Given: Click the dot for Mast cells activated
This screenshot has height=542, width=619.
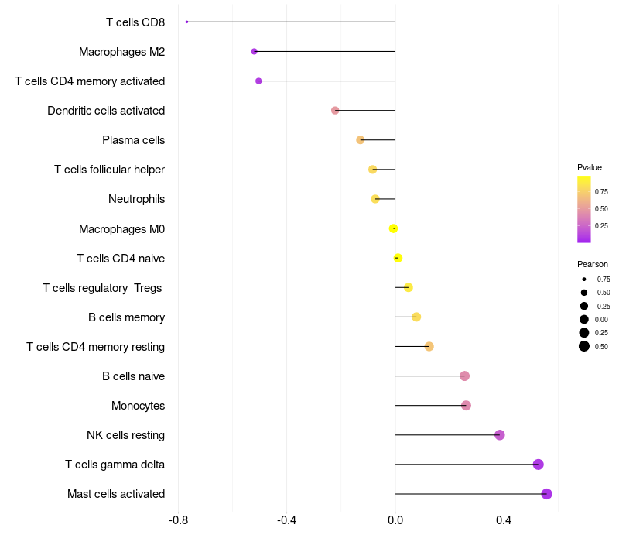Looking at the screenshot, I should coord(546,494).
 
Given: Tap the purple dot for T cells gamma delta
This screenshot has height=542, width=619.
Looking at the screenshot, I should coord(539,465).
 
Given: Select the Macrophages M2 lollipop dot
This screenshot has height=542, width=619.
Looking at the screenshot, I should coord(254,51).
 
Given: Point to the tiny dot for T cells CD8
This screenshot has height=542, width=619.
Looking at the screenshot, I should coord(187,22).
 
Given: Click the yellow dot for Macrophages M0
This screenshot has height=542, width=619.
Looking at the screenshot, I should coord(393,228).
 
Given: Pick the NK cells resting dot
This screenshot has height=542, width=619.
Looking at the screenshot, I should coord(500,435).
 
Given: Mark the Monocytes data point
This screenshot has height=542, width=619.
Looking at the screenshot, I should coord(466,406).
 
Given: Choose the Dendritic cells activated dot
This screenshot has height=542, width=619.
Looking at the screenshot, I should coord(335,111).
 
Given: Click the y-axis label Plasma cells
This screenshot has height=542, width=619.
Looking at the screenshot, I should coord(133,140).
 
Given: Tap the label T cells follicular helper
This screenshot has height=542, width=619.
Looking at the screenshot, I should coord(109,170).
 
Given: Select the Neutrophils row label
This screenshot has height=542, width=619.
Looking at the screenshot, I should coord(136,199).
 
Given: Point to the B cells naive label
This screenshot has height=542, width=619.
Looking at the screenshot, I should coord(133,376).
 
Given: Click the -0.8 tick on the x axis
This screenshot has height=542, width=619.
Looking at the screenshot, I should coord(178,520).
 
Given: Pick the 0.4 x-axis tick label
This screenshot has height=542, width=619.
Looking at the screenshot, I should coord(504,520).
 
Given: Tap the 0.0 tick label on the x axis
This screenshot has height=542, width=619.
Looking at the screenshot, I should coord(395,520).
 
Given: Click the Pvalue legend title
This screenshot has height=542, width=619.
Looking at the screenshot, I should coord(589,167).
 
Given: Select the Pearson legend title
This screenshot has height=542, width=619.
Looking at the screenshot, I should coord(592,264).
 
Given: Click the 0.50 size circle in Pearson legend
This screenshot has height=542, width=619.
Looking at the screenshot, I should coord(584,346).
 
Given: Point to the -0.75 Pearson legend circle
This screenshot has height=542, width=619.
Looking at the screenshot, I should coord(584,279).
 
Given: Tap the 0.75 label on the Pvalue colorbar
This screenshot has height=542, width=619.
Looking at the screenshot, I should coord(601,191).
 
